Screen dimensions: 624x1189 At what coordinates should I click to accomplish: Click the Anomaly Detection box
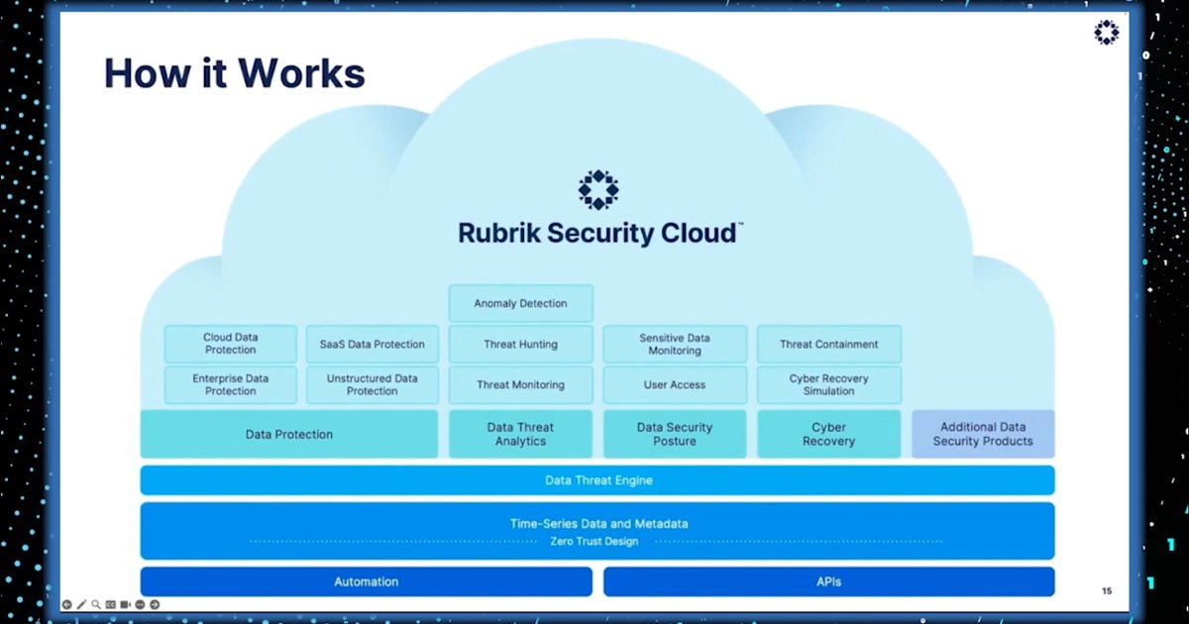[520, 303]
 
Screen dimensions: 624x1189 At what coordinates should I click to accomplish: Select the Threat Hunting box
[520, 344]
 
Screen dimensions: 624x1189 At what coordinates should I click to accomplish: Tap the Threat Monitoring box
[520, 384]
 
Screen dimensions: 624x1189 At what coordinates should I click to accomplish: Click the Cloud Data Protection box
[230, 344]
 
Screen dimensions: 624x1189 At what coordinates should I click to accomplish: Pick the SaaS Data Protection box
[372, 344]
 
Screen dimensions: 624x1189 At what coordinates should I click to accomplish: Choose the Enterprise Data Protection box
[230, 384]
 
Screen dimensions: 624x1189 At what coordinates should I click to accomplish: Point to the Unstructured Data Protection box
[372, 384]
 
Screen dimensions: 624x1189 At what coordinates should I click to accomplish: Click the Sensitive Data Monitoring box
[675, 344]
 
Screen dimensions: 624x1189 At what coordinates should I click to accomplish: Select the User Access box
[675, 384]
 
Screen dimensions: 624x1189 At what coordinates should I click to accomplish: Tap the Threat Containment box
[828, 344]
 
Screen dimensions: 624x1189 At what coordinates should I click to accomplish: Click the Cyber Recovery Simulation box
[828, 384]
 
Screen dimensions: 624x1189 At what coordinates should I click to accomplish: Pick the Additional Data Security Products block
[982, 434]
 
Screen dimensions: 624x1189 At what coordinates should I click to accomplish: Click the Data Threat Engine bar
[597, 480]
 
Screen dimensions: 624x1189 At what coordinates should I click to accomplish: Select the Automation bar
[366, 581]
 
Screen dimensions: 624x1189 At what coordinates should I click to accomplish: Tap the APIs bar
[828, 581]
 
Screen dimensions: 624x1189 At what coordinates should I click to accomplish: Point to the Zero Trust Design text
[594, 542]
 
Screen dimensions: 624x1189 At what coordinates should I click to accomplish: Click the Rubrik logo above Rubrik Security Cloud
[598, 189]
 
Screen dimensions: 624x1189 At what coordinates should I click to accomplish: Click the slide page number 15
[1107, 591]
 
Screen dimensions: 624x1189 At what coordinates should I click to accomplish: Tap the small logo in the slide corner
[1106, 33]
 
